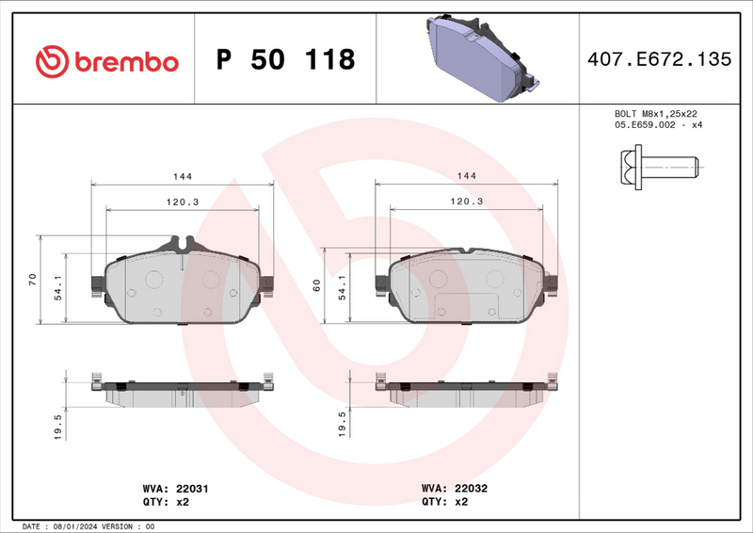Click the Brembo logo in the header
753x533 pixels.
pyautogui.click(x=105, y=61)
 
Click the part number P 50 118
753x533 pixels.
pyautogui.click(x=285, y=60)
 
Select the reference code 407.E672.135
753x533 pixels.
pyautogui.click(x=659, y=59)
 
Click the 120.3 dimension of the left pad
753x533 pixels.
pyautogui.click(x=182, y=202)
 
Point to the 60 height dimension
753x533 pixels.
pyautogui.click(x=317, y=284)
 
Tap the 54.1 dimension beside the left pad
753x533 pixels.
pyautogui.click(x=57, y=286)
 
